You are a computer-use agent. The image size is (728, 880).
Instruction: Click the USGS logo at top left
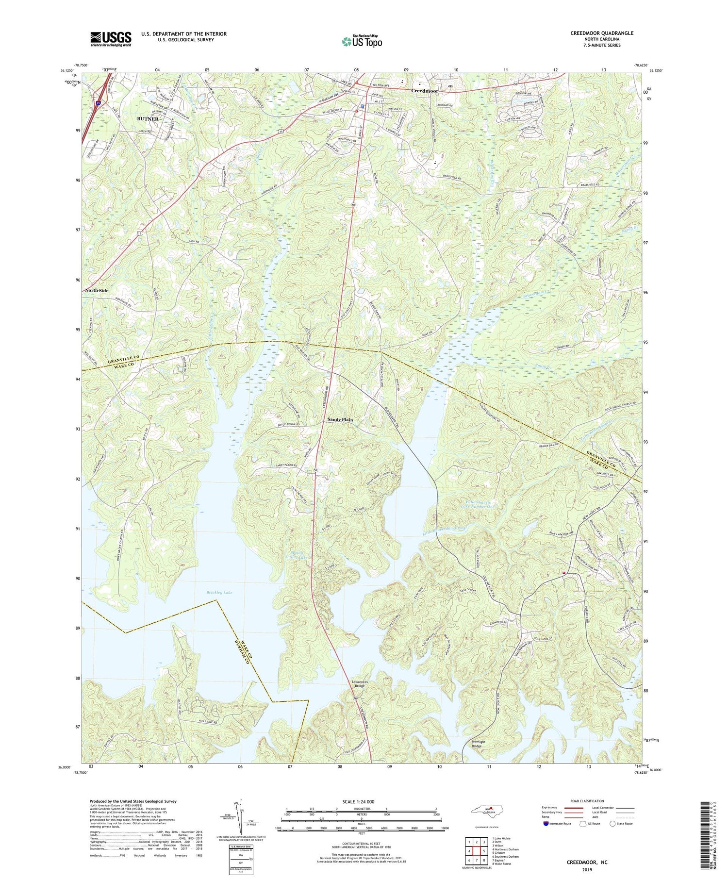click(111, 39)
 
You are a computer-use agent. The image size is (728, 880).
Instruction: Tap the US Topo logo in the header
click(362, 42)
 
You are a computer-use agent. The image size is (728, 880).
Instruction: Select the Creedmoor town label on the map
click(425, 91)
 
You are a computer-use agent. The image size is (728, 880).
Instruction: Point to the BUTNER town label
click(148, 118)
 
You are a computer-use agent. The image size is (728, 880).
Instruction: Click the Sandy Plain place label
click(340, 419)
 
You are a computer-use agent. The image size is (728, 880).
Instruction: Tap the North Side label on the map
click(97, 290)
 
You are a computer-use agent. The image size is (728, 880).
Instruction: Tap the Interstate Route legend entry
click(557, 824)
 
